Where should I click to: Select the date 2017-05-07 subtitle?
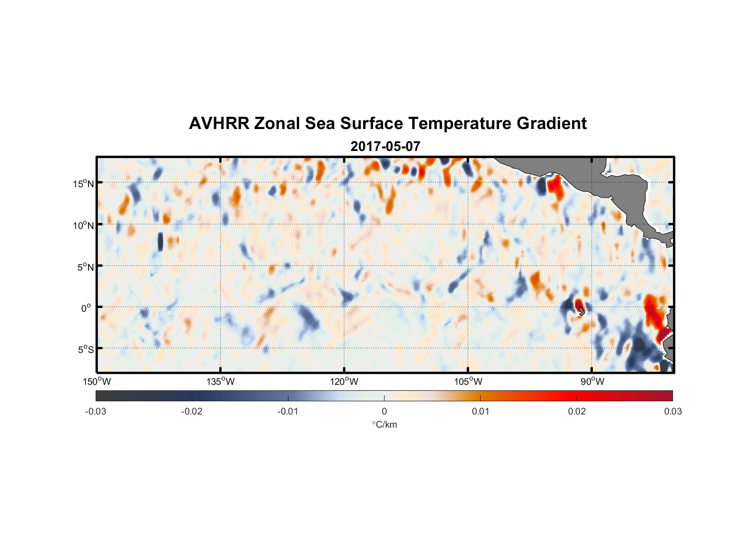(385, 147)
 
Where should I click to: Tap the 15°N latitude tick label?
(83, 183)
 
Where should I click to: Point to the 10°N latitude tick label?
(83, 225)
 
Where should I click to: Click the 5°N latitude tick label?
(85, 267)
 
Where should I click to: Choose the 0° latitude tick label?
(86, 308)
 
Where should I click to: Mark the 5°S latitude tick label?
(85, 350)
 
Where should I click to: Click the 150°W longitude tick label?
(97, 382)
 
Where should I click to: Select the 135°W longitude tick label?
(221, 382)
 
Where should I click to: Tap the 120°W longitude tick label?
(344, 382)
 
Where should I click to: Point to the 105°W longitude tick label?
(468, 382)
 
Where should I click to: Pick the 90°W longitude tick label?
(592, 382)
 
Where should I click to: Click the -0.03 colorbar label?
(96, 411)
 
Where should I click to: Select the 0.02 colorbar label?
(577, 411)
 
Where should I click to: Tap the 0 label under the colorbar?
(384, 411)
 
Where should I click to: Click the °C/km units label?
(384, 424)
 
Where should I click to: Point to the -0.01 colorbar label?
(288, 411)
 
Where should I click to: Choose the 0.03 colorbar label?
(672, 411)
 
